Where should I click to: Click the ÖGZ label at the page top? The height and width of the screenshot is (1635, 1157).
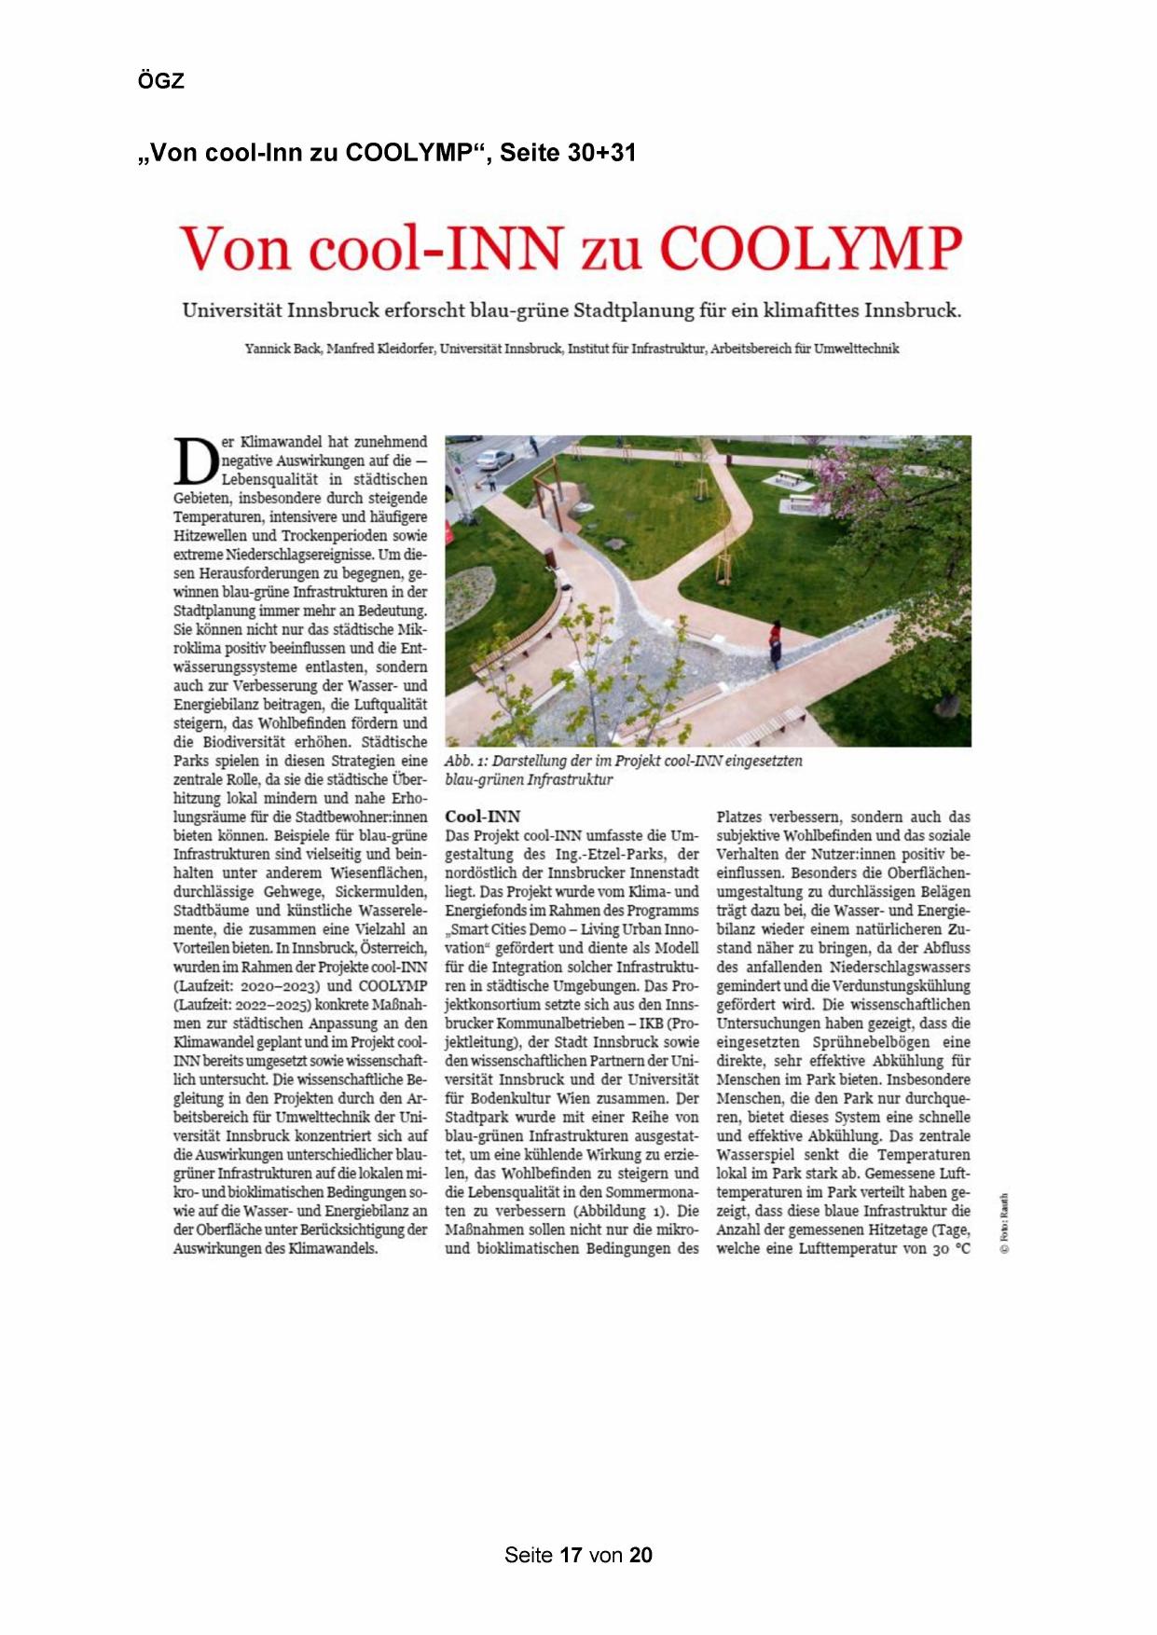coord(161,81)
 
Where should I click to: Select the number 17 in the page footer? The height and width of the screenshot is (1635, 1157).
coord(571,1555)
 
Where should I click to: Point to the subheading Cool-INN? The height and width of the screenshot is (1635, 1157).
coord(482,817)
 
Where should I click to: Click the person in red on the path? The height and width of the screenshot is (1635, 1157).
coord(774,643)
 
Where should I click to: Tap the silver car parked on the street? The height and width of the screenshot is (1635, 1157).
coord(494,459)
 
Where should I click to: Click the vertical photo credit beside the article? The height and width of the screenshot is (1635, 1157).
coord(1004,1223)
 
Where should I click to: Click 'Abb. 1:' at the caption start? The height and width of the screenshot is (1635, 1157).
coord(466,761)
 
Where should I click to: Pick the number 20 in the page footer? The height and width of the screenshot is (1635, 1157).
coord(640,1555)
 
